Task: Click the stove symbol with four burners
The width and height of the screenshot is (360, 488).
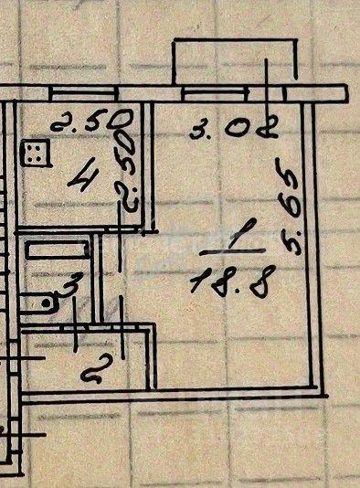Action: [35, 154]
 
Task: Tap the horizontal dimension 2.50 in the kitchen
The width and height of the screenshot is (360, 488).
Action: [91, 120]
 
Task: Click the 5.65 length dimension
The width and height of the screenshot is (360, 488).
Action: [288, 207]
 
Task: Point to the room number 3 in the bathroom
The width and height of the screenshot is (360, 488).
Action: [69, 284]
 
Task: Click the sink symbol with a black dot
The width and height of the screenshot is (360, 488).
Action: [39, 303]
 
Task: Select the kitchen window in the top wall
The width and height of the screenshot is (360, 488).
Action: [84, 92]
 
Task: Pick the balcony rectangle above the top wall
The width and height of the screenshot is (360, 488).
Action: [235, 61]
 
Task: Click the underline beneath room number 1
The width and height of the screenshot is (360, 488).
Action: [232, 251]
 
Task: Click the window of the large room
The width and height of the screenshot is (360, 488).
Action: [216, 93]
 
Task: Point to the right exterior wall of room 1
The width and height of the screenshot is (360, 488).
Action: [312, 249]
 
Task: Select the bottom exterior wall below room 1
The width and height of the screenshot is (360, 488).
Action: [175, 396]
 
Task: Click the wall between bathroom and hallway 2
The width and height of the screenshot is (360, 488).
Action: [84, 328]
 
